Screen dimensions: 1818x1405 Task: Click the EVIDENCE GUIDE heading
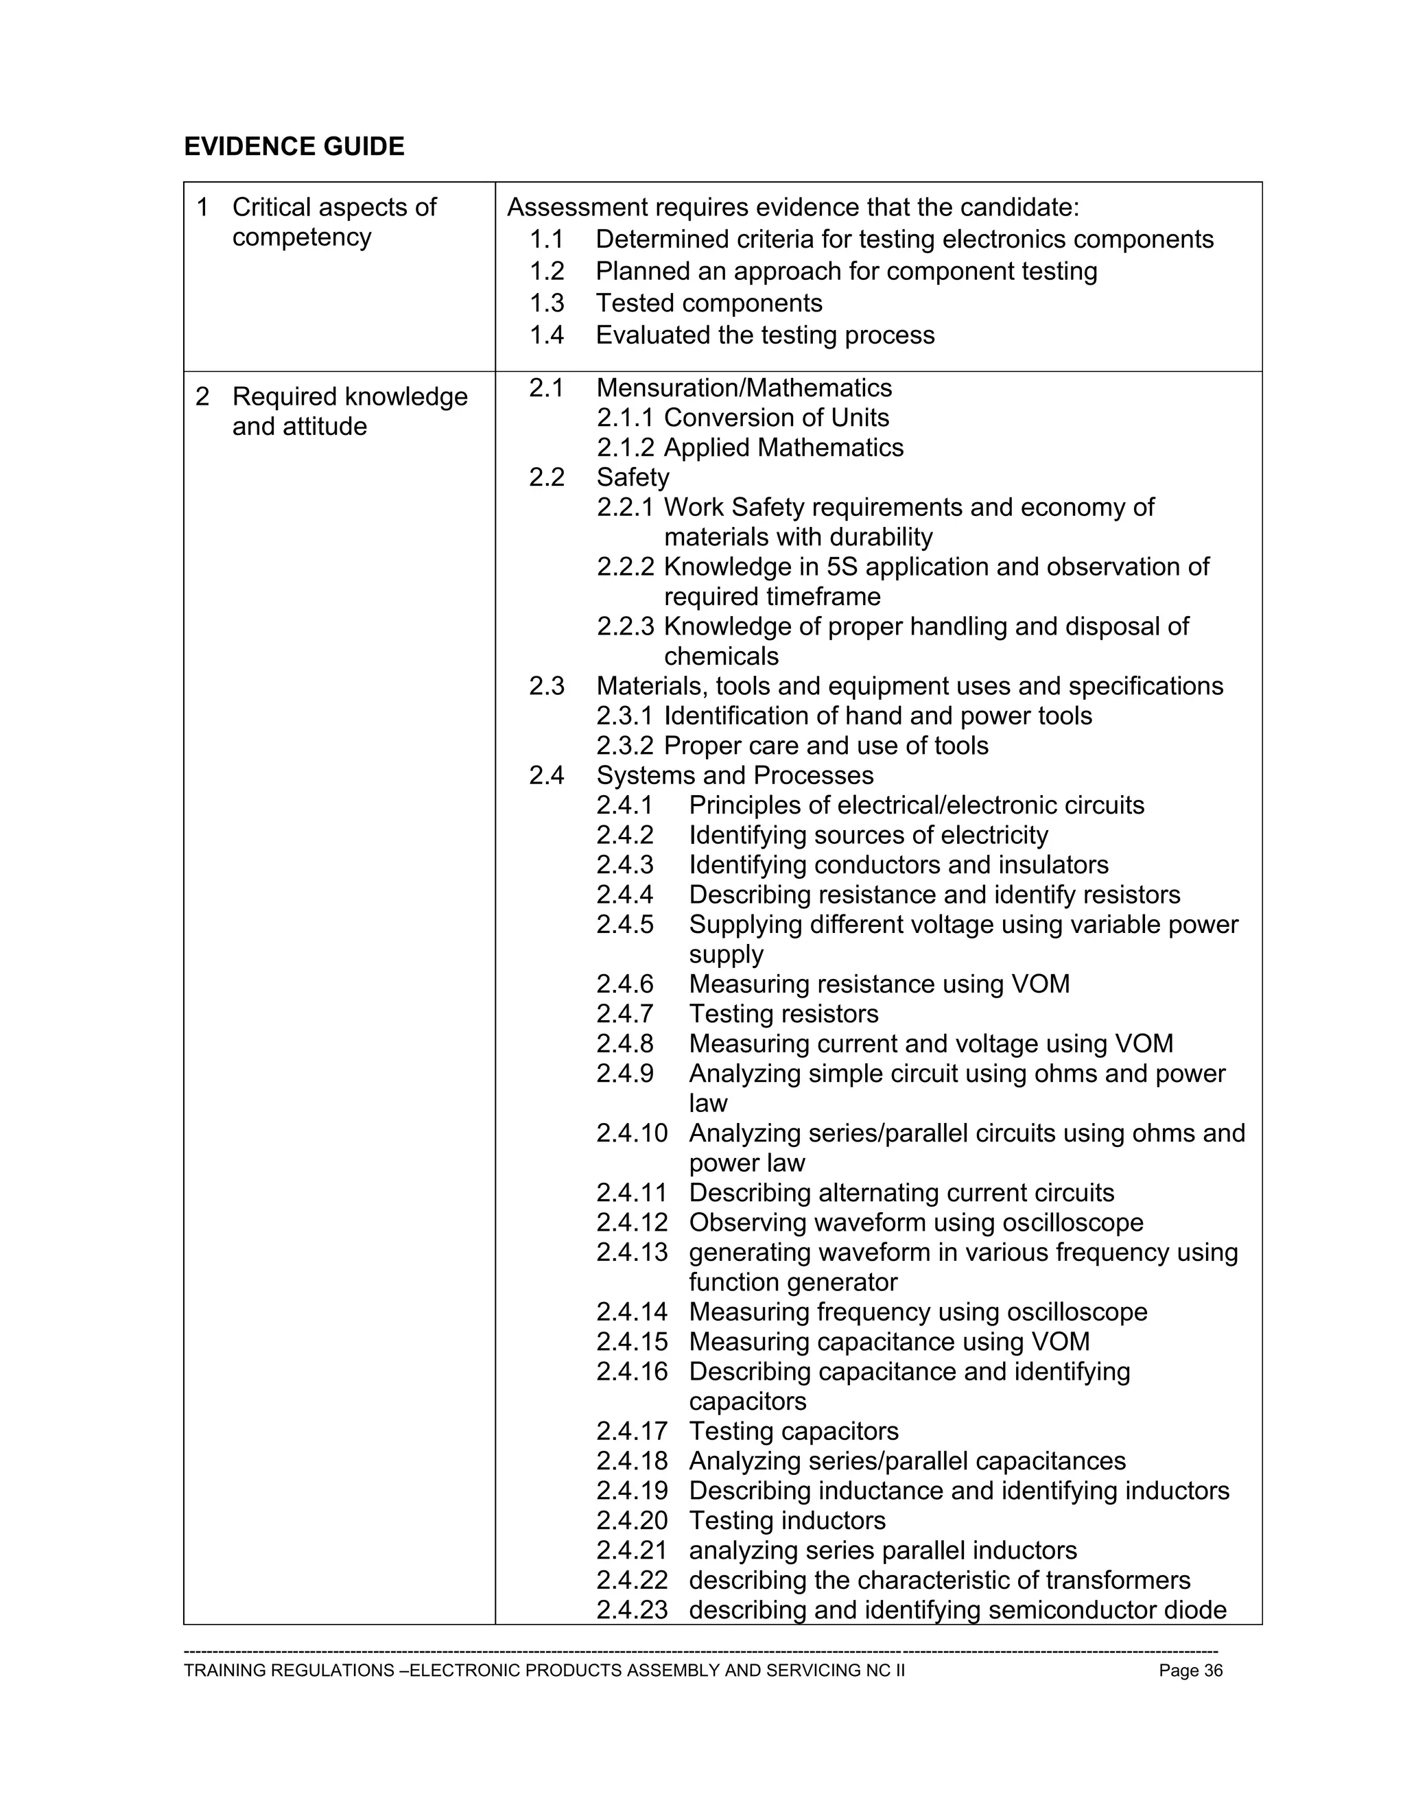point(294,147)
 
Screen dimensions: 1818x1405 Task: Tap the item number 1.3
point(547,303)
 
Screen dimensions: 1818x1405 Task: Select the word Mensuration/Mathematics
point(744,388)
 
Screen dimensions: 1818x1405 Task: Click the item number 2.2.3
point(625,626)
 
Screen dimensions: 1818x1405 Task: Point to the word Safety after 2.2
point(633,477)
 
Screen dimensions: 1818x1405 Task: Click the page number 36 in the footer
point(1213,1671)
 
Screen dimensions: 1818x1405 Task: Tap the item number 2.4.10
point(632,1133)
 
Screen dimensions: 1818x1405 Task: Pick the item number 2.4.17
point(632,1431)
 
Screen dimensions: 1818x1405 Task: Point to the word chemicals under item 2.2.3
point(721,656)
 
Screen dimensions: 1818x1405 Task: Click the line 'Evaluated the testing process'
point(765,335)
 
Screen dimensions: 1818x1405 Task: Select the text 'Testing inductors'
point(787,1521)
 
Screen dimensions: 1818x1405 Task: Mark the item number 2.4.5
point(625,925)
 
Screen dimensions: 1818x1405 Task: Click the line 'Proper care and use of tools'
point(826,746)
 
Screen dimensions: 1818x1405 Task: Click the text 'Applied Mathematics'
point(783,448)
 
